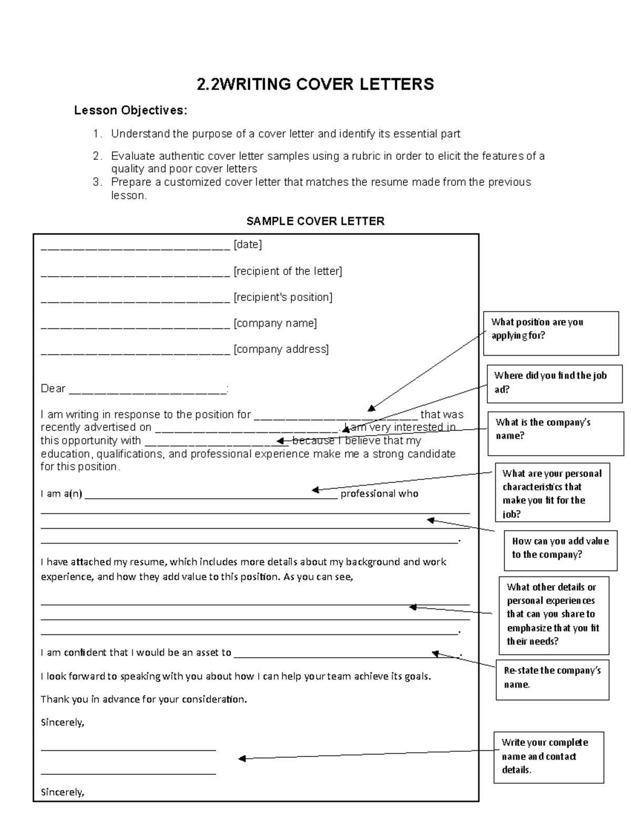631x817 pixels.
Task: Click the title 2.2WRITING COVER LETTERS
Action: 315,84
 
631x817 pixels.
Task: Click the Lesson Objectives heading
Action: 130,110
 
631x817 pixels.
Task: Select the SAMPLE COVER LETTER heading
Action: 315,221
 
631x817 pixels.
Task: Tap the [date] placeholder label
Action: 247,245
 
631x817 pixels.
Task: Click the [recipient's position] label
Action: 282,297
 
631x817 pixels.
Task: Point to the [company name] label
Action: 275,323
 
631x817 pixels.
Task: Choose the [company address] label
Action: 281,349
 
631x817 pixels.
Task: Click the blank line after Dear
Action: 147,390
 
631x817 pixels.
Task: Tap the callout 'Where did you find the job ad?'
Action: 554,383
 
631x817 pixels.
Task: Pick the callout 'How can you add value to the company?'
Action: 560,548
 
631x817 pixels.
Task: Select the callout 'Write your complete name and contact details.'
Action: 548,757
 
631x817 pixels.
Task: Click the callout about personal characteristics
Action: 552,492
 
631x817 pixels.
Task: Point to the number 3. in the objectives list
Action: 97,183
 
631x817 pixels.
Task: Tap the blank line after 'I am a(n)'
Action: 210,495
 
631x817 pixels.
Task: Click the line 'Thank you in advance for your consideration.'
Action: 144,700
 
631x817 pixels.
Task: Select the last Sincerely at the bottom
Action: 63,792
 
